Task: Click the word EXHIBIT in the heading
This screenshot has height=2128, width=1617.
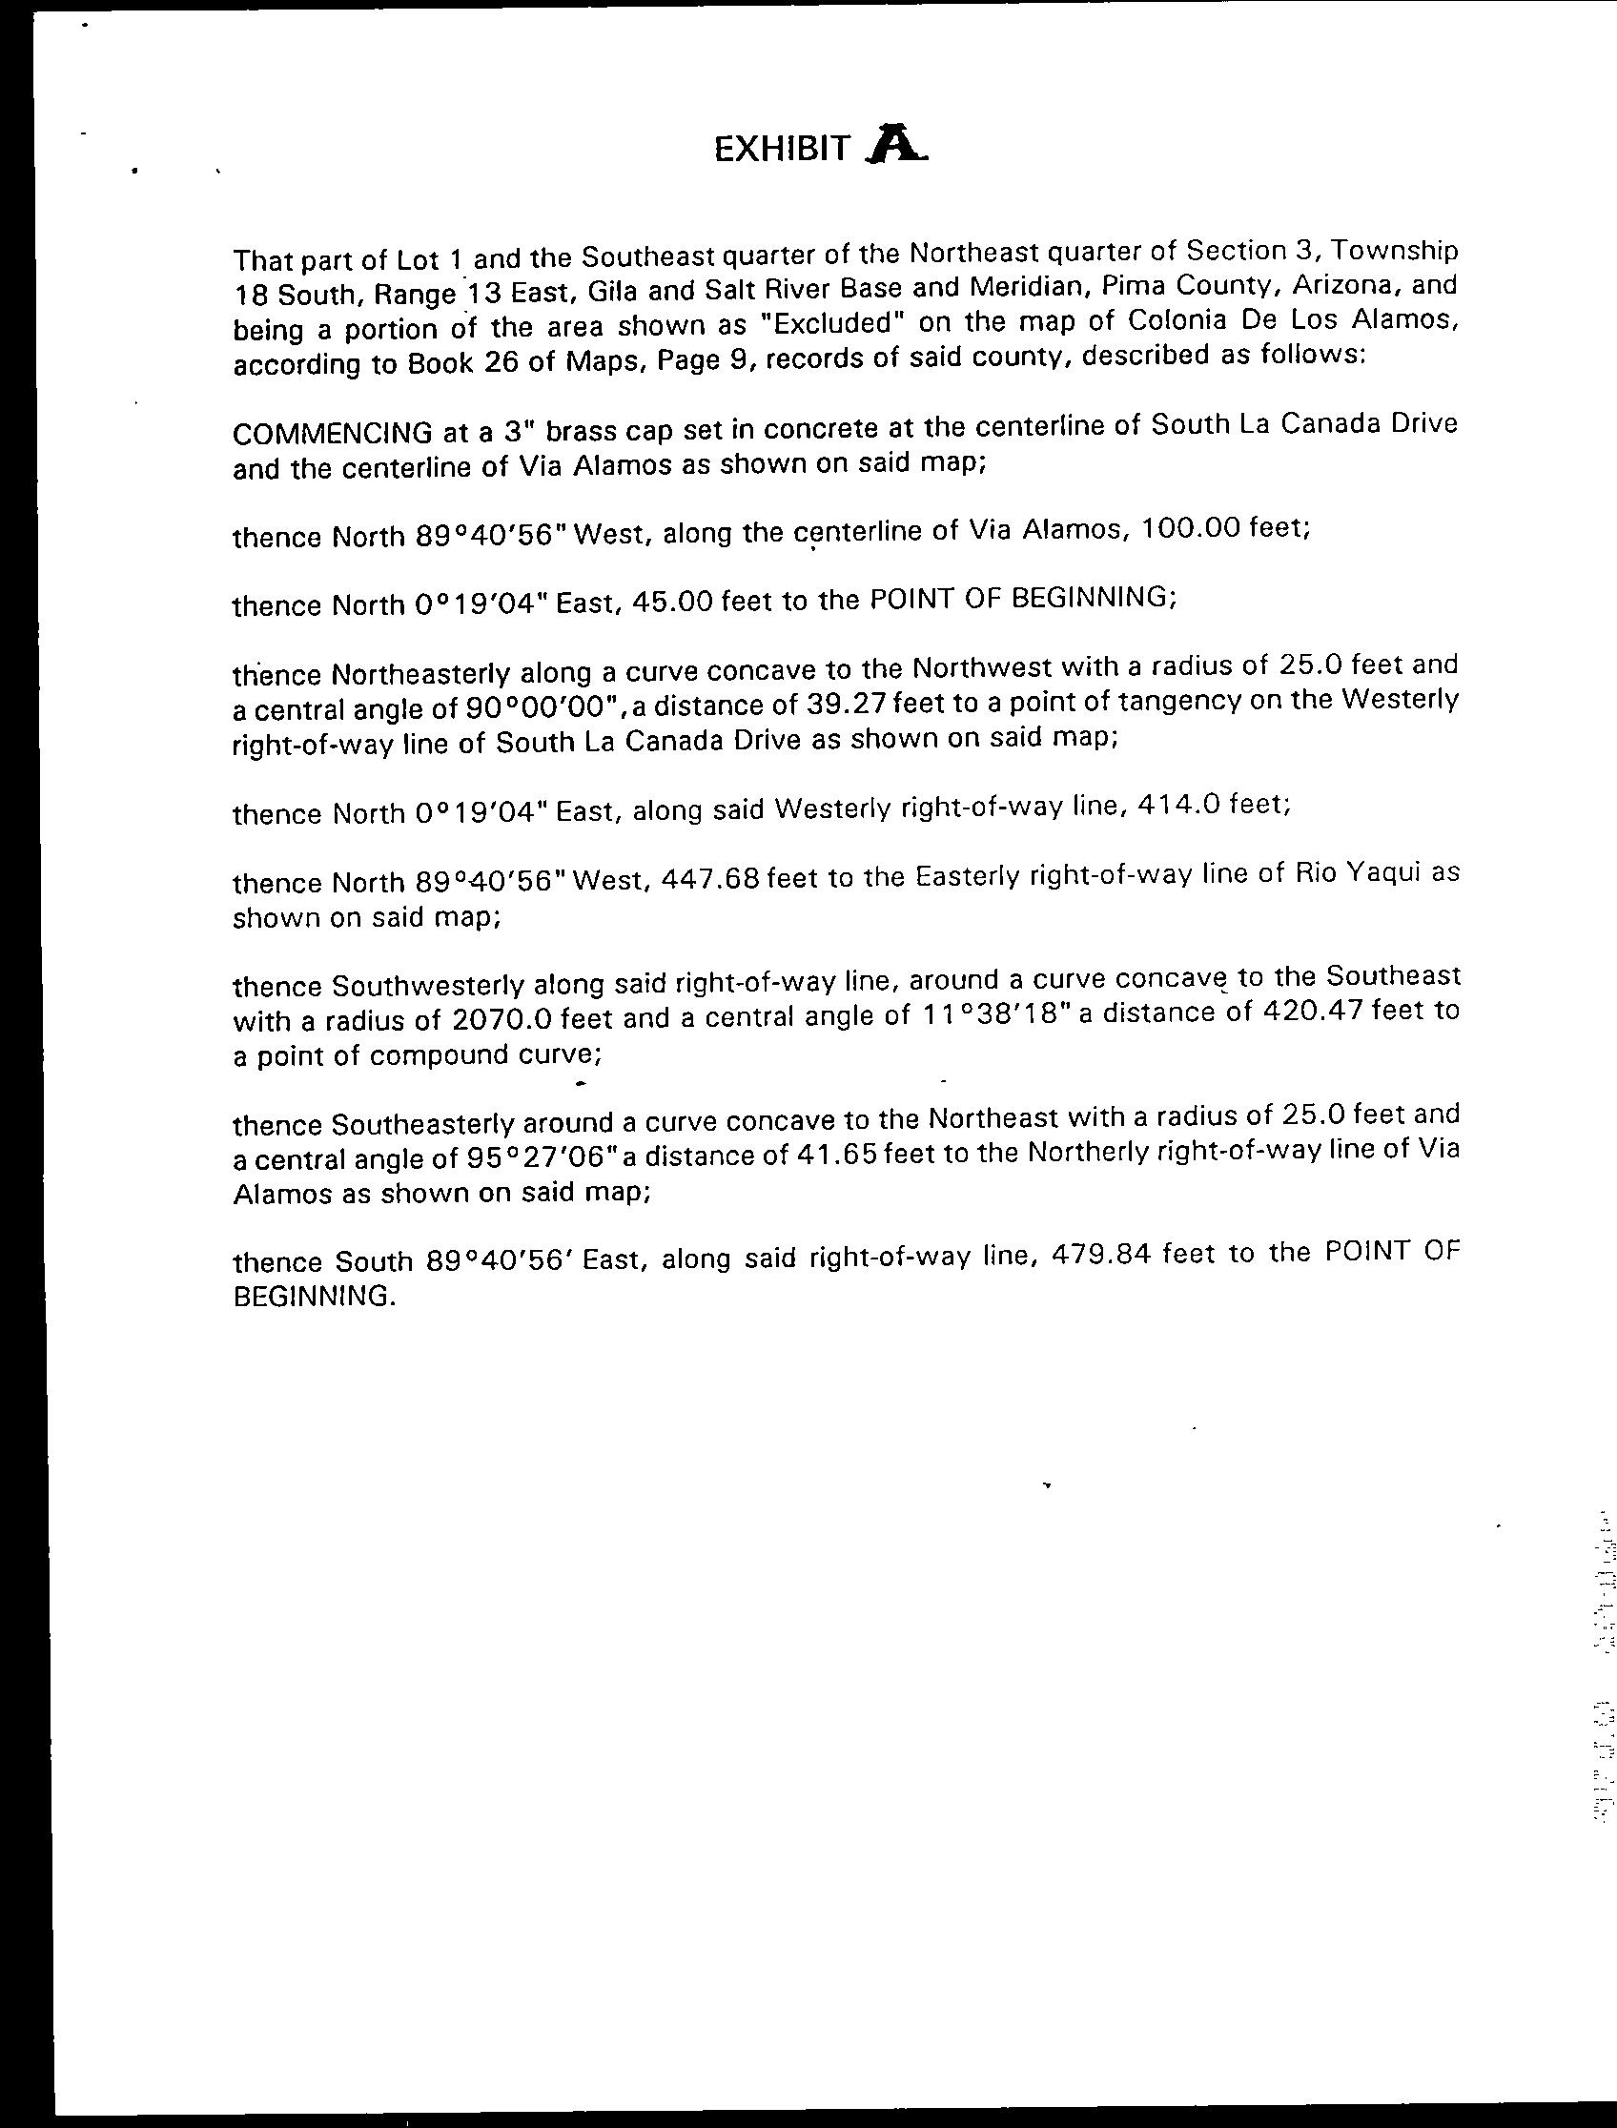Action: tap(782, 149)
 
